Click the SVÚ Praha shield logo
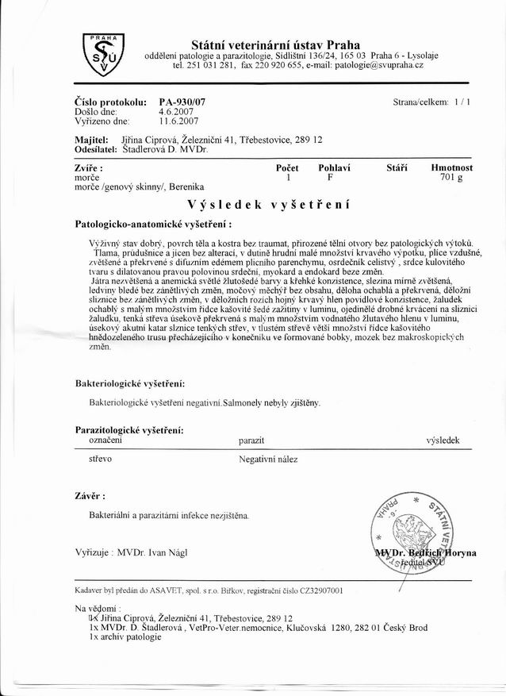tap(102, 54)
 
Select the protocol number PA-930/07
tap(182, 103)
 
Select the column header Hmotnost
tap(451, 168)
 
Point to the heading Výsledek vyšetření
tap(275, 203)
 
